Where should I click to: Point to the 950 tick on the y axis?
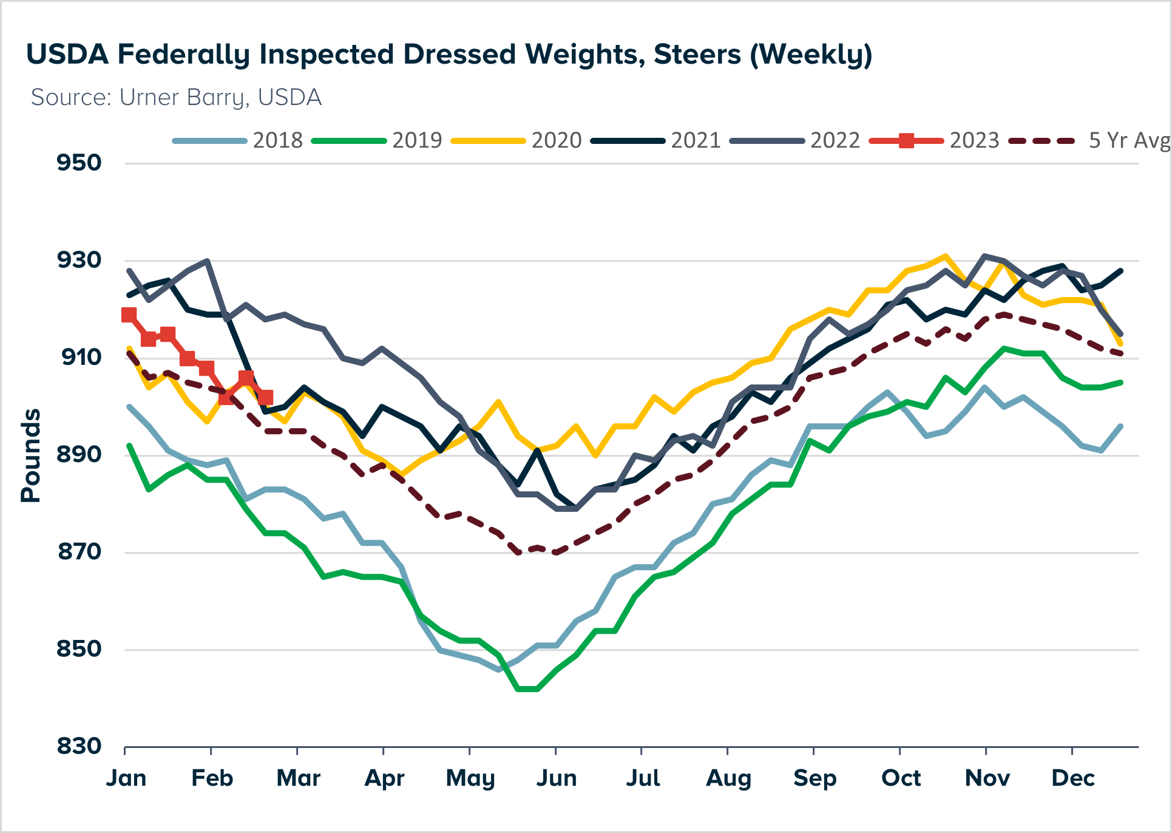tap(79, 163)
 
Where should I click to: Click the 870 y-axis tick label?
tap(79, 552)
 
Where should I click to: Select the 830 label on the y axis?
tap(79, 746)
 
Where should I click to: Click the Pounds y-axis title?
tap(30, 455)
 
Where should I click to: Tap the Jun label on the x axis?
tap(556, 778)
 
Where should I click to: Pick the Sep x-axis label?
tap(815, 778)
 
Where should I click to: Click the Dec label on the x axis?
tap(1073, 778)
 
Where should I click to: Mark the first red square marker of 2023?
tap(129, 314)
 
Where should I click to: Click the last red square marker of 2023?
tap(265, 398)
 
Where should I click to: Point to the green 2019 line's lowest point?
tap(527, 689)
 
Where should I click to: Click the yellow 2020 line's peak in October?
tap(945, 256)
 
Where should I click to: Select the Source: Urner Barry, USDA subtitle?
tap(176, 98)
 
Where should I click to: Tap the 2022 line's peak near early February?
tap(208, 261)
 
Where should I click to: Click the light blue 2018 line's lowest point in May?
tap(498, 670)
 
